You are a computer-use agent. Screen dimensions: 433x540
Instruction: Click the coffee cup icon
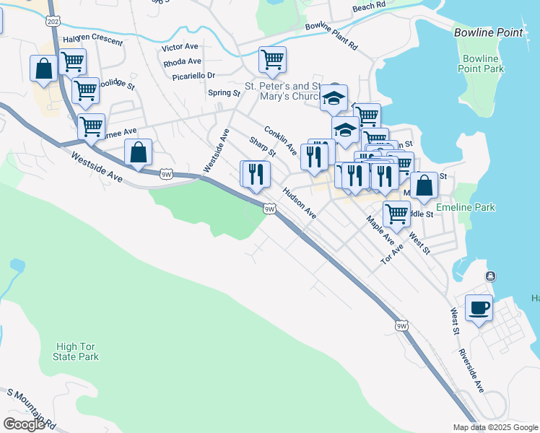coord(479,308)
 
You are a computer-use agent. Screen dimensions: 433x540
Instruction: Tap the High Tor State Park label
coord(76,351)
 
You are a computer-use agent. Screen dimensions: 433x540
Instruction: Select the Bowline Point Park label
coord(481,63)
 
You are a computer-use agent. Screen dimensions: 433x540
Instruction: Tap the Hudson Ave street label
coord(300,204)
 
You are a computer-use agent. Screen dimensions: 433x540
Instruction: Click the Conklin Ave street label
coord(280,141)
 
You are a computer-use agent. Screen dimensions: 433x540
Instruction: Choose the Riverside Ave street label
coord(471,371)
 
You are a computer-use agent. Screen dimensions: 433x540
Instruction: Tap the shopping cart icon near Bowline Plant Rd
coord(272,60)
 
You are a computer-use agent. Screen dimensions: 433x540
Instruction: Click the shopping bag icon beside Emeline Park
coord(425,185)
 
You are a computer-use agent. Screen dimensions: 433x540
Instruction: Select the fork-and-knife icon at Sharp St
coord(255,174)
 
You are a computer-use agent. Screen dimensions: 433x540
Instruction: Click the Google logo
coord(24,424)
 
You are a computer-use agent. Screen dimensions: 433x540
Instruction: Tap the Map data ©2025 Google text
coord(495,427)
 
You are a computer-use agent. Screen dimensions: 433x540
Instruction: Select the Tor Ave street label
coord(392,253)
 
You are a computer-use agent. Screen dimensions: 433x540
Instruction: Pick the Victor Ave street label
coord(180,48)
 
